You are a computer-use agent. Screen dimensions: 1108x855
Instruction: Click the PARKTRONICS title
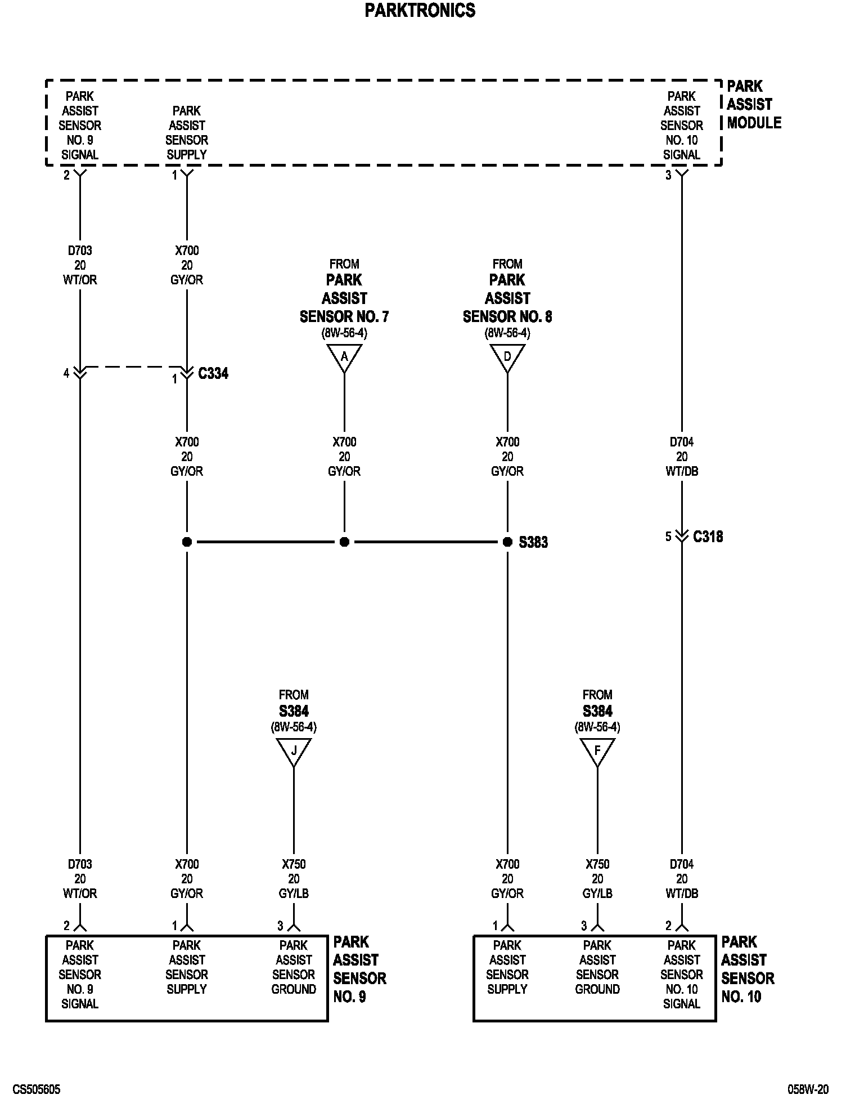(x=420, y=11)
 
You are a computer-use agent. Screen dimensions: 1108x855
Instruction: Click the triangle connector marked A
(x=344, y=356)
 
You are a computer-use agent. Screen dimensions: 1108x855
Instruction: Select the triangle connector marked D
(x=507, y=356)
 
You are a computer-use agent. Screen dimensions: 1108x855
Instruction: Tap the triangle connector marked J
(x=294, y=750)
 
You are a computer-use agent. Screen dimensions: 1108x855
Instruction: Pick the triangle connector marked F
(x=597, y=750)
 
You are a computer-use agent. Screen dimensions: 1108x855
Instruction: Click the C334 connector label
(x=213, y=374)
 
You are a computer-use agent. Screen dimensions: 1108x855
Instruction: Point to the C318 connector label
(x=708, y=537)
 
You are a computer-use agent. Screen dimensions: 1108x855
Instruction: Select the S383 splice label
(x=533, y=543)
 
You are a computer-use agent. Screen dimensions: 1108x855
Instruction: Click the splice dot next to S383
(x=507, y=542)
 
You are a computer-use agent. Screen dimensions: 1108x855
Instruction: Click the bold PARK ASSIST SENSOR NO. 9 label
(x=359, y=969)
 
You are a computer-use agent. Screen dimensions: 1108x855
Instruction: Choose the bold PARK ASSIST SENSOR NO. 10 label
(x=747, y=969)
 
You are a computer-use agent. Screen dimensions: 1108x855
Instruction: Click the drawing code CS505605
(x=37, y=1090)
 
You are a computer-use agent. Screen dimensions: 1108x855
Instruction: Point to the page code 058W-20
(x=808, y=1090)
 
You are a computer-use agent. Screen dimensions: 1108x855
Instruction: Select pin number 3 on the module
(x=668, y=176)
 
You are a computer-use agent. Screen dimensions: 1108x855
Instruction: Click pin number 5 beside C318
(x=668, y=537)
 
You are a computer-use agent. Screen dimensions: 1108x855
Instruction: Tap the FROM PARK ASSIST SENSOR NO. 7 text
(x=344, y=298)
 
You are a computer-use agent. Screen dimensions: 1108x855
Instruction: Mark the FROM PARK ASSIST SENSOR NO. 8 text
(x=507, y=298)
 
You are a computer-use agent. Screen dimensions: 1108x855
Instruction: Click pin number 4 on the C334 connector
(x=66, y=373)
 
